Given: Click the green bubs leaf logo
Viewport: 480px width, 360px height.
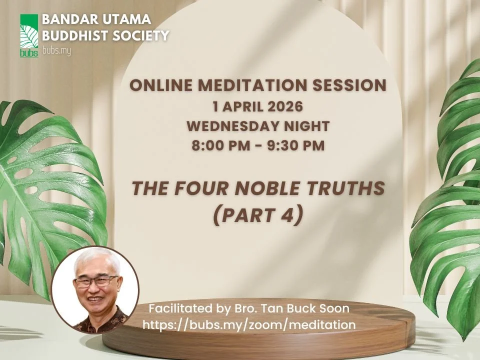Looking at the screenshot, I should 29,35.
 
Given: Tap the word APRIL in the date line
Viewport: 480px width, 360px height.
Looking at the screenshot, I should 239,106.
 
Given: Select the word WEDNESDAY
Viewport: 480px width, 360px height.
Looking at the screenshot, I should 230,126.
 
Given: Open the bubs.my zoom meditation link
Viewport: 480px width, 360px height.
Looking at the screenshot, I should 249,324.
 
